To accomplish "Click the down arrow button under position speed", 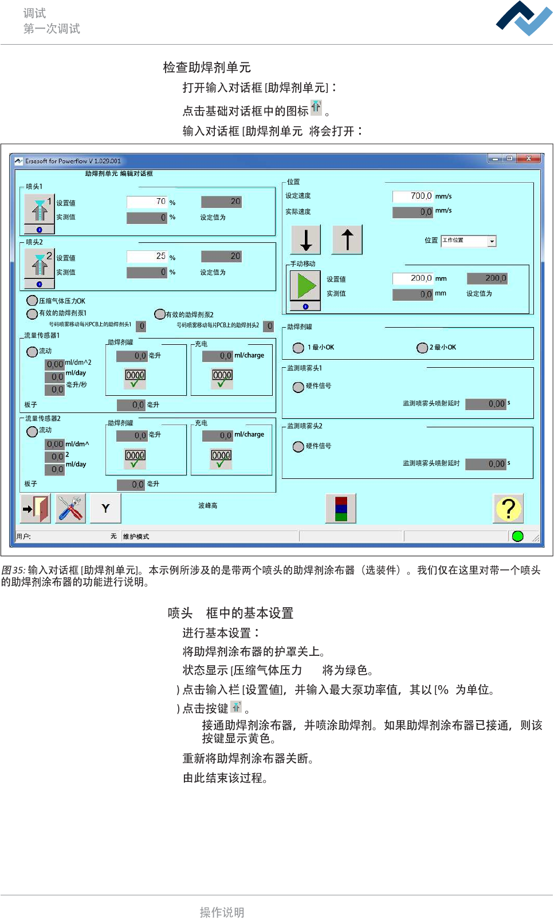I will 306,239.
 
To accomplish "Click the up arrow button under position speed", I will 347,239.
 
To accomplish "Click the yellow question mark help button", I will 508,508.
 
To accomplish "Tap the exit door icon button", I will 36,508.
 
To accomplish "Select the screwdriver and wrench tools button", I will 70,508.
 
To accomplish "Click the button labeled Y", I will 105,508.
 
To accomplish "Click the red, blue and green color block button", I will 341,508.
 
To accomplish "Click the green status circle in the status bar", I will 518,536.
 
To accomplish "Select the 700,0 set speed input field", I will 412,196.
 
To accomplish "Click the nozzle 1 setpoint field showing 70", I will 147,202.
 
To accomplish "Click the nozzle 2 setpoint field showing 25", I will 147,256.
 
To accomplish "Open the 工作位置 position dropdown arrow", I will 492,241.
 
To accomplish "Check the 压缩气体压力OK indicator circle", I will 32,300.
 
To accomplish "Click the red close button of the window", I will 528,159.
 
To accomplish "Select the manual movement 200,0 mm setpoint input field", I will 412,278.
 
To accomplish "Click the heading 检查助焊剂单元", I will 207,68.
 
